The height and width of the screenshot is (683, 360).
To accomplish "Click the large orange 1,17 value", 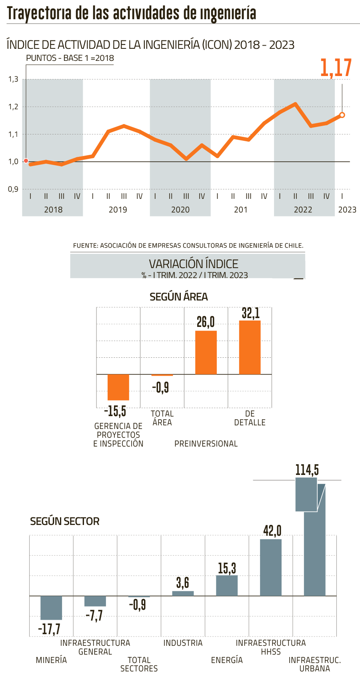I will coord(336,68).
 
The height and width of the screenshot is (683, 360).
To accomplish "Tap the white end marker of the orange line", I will coord(342,115).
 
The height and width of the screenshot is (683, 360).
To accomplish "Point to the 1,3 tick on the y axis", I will coord(14,79).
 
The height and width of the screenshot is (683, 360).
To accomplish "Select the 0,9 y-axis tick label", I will coord(14,189).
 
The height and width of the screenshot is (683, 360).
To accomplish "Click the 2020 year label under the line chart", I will coord(180,210).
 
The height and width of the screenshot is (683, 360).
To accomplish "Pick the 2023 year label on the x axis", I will coord(347,210).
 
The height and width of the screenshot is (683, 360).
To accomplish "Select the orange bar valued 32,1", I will coord(250,347).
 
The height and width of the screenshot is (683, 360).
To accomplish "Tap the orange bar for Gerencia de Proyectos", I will coord(118,387).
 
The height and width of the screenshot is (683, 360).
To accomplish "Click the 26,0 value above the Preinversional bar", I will coord(206,321).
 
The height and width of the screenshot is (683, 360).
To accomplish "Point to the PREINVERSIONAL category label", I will coord(206,443).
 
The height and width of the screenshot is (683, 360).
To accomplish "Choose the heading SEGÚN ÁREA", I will coord(178,296).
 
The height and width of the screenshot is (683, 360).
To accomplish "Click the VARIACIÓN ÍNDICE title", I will coord(194,264).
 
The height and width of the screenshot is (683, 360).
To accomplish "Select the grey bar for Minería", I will coord(51,608).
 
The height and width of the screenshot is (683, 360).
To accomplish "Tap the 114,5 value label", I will coord(307,470).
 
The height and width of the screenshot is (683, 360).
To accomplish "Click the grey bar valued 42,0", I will coord(271,567).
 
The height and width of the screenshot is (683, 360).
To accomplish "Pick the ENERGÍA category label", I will coord(227,660).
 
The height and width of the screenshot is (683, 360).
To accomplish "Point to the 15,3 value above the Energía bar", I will coord(227,568).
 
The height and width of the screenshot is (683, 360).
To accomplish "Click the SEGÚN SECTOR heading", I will coord(65,521).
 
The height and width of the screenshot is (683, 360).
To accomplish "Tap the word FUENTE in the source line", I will coord(85,245).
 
